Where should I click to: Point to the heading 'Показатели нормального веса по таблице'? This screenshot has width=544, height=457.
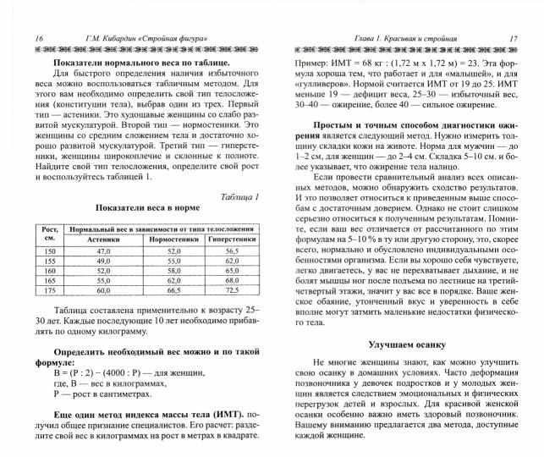tap(141, 63)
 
